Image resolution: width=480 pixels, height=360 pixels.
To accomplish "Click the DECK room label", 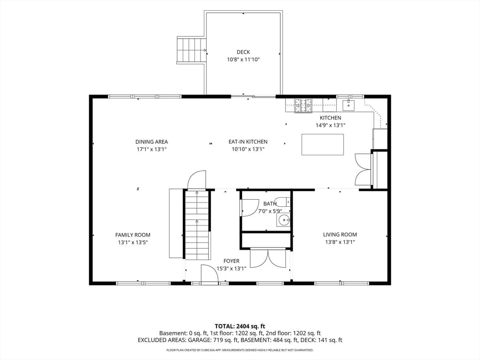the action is coord(243,52).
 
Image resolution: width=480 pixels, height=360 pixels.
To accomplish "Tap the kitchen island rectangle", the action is coord(322,144).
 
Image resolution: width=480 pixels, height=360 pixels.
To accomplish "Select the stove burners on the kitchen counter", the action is coord(303,105).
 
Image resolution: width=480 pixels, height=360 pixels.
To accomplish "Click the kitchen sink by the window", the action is coord(348,105).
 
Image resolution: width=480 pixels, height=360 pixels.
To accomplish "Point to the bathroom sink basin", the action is coord(284,220).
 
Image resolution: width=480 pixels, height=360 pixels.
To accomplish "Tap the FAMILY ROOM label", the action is coord(133,235).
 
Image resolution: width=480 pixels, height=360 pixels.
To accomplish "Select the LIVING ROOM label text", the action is coord(340,234).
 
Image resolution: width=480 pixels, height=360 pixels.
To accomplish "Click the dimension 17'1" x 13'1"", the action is coord(151,150).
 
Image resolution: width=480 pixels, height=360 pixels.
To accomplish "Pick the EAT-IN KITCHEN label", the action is coord(248,142).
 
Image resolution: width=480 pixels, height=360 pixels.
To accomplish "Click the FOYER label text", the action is coord(231,261).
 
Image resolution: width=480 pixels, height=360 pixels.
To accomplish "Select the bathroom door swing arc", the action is coord(249,208).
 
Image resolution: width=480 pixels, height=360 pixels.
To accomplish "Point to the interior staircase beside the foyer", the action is coord(197,225).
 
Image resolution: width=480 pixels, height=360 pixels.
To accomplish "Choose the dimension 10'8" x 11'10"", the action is coord(243,60).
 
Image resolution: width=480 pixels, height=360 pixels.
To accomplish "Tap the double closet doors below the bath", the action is coord(268,258).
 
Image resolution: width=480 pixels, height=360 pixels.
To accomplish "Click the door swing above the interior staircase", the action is coord(196,180).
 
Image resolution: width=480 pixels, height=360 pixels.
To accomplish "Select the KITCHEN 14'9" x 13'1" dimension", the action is coord(330,125).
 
